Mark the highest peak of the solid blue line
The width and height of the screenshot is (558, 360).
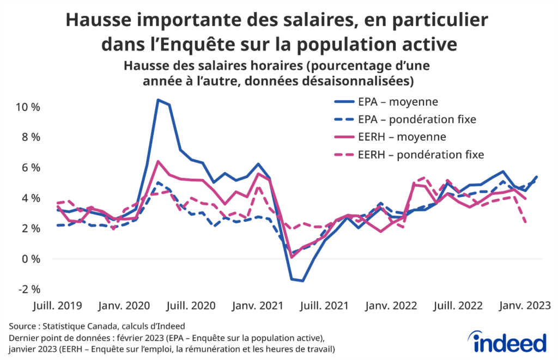158,100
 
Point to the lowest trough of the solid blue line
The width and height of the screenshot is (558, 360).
302,281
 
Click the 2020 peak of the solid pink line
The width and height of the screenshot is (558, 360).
158,161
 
